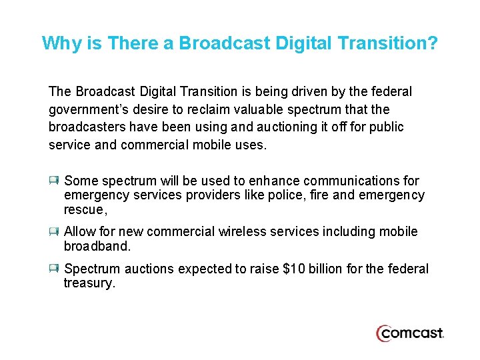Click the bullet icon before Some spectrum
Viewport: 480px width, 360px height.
click(x=54, y=181)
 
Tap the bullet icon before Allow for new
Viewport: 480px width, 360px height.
click(x=54, y=231)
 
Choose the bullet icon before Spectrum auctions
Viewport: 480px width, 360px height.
click(x=54, y=269)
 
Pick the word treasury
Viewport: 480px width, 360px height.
click(x=89, y=283)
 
